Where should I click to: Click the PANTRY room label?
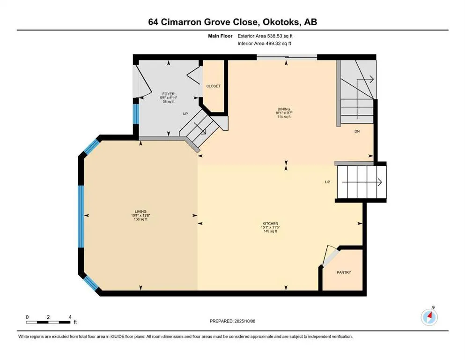coord(344,272)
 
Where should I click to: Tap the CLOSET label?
coord(213,86)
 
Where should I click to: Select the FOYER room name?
coord(169,94)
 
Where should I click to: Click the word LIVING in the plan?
coord(140,211)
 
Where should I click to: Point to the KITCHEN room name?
coord(270,224)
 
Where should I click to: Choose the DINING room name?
coord(284,109)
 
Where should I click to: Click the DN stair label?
coord(357,131)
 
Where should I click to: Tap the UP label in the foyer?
coord(185,113)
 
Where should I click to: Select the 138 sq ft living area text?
coord(140,219)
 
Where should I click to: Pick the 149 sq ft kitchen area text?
coord(270,231)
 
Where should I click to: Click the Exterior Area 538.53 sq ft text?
coord(265,36)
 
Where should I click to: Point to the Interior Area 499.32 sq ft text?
coord(264,43)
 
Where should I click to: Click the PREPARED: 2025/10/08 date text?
coord(232,321)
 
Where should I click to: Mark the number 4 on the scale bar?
coord(70,317)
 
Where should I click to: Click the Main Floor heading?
coord(220,36)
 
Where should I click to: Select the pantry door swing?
coord(329,255)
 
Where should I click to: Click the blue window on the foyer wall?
coord(135,114)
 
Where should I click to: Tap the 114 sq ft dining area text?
coord(284,117)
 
